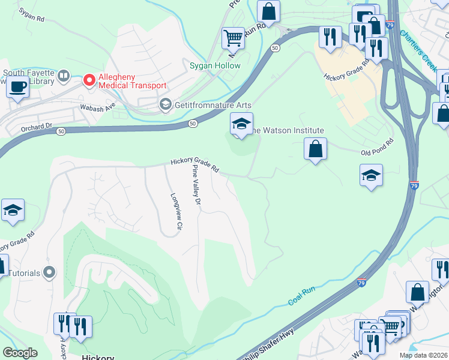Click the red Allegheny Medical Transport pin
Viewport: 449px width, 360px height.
tap(89, 80)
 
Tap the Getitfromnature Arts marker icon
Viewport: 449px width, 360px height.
tap(165, 105)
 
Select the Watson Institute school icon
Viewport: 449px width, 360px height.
tap(241, 124)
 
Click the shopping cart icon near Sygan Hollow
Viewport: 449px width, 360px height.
tap(233, 38)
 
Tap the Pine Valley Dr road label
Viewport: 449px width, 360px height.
tap(195, 188)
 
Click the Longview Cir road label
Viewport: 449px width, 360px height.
tap(176, 211)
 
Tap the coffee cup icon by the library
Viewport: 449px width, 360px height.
tap(17, 86)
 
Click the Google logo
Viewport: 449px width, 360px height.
tap(20, 352)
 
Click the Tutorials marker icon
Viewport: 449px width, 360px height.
tap(50, 273)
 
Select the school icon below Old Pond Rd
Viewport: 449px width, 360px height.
tap(371, 176)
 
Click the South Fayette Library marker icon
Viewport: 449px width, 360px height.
tap(63, 77)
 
